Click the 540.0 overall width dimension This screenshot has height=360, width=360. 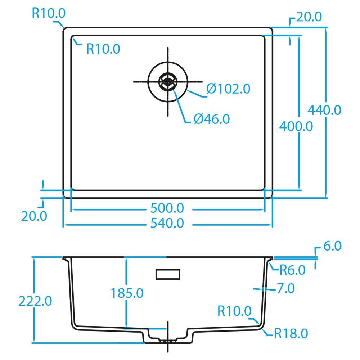168,224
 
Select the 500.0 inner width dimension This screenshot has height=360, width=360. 168,208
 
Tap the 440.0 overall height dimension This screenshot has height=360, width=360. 324,110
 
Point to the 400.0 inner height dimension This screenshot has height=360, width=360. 296,126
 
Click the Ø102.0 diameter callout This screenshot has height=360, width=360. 228,89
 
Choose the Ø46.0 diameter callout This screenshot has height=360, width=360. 211,119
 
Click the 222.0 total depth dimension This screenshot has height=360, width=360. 35,301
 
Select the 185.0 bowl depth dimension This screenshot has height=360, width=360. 126,293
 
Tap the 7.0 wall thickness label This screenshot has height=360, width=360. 285,288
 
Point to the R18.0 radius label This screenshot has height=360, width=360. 291,334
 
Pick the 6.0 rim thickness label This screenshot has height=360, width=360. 332,246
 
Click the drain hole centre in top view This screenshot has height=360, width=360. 167,82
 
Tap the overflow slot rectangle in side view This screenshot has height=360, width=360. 167,274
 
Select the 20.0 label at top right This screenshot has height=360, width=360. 308,17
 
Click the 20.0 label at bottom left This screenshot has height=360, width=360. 34,216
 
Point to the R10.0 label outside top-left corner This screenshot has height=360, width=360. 49,13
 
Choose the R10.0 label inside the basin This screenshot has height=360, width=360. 103,49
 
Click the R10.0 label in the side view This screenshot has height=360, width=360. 234,311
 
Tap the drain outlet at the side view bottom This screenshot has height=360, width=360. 167,339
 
